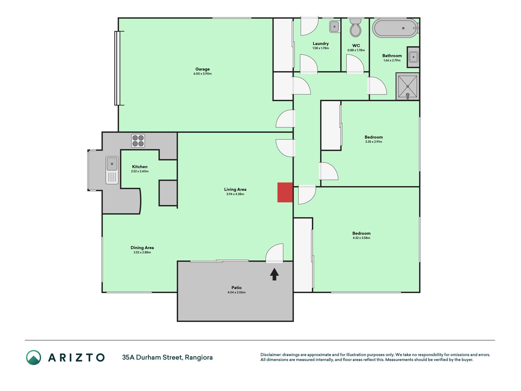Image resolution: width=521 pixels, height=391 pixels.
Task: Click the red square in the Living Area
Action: tap(285, 192)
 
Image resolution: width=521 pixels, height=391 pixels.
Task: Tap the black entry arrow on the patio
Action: tap(274, 274)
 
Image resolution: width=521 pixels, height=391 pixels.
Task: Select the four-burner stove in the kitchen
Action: tap(138, 141)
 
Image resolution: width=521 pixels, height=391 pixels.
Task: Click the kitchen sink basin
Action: tap(112, 164)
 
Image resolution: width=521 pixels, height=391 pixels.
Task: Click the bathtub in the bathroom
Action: tap(396, 28)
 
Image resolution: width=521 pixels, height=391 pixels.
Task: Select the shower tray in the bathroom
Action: tap(407, 86)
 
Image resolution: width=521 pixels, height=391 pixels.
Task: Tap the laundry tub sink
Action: tap(335, 27)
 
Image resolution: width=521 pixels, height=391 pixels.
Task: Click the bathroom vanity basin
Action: tap(414, 57)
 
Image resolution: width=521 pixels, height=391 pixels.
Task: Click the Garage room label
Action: tap(203, 69)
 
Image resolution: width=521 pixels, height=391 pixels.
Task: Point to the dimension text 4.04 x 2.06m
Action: tap(237, 292)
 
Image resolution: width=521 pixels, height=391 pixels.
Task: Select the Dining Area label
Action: tap(142, 248)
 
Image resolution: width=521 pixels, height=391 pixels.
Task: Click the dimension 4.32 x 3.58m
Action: tap(361, 238)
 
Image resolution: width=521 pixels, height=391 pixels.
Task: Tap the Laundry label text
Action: tap(321, 44)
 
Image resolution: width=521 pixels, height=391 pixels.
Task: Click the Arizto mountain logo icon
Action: tap(34, 357)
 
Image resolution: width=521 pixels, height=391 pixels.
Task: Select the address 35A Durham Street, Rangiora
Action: tap(167, 357)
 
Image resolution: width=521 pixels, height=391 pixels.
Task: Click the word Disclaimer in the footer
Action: tap(271, 355)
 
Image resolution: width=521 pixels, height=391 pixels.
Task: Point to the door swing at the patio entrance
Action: tap(274, 253)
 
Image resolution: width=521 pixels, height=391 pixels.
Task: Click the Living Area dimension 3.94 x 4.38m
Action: tap(235, 194)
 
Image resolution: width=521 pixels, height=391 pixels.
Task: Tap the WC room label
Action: tap(356, 46)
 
